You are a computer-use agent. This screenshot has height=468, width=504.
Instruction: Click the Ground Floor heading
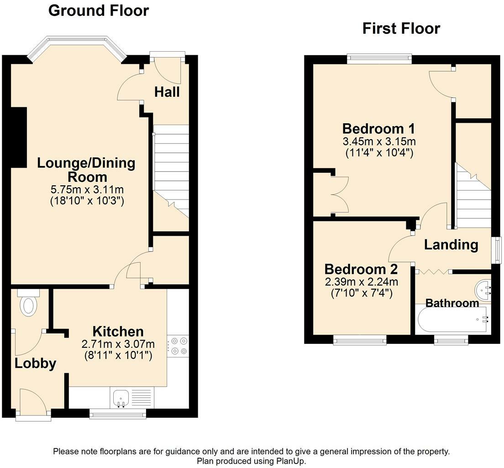click(x=98, y=11)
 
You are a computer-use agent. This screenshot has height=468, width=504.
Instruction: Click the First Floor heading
click(x=401, y=28)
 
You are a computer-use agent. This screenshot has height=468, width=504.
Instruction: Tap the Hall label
click(x=167, y=92)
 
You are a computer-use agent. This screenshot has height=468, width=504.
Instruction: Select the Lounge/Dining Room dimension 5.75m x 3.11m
click(x=87, y=189)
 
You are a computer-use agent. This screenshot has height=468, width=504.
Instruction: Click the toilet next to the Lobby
click(x=28, y=302)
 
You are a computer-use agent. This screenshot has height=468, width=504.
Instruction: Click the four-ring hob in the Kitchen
click(x=178, y=346)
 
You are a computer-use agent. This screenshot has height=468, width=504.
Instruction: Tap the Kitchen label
click(x=118, y=331)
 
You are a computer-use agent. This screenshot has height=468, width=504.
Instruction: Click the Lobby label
click(x=35, y=363)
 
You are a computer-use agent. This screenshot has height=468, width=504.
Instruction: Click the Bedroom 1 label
click(x=378, y=129)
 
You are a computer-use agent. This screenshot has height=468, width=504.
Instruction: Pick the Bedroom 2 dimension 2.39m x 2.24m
click(x=362, y=282)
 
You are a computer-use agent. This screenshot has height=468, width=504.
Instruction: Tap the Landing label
click(x=451, y=245)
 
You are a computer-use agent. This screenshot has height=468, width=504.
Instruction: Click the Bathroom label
click(x=452, y=303)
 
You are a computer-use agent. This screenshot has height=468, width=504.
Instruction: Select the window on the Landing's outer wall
click(x=498, y=250)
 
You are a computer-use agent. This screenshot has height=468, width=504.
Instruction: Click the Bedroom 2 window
click(x=360, y=340)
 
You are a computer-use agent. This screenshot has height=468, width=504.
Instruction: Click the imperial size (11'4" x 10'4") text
click(x=379, y=152)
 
